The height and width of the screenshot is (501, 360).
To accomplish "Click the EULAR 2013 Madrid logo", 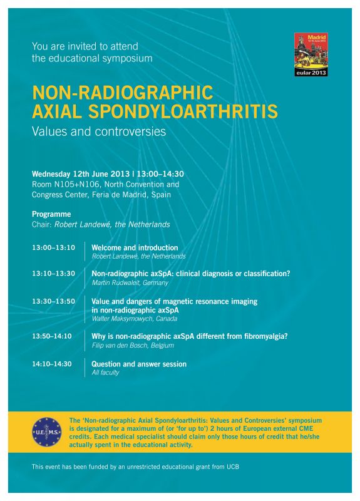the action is tap(311, 54).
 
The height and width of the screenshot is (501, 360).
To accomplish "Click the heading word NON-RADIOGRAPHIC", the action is tap(123, 93).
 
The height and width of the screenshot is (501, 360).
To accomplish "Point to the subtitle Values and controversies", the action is tap(99, 132).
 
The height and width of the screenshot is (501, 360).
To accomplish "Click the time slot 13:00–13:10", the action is tap(53, 248).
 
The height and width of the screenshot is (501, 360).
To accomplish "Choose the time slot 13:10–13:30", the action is tap(53, 274).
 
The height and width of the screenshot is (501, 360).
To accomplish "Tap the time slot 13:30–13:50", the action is tap(53, 301).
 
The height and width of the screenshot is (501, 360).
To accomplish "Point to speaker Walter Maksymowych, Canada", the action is tap(135, 319).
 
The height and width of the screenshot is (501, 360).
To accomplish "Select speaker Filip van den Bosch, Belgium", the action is tap(133, 346).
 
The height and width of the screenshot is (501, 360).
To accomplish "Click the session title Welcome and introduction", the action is tap(135, 247).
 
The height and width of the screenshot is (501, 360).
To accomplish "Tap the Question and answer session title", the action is tap(139, 364).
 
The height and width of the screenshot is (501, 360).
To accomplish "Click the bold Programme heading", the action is tap(51, 214).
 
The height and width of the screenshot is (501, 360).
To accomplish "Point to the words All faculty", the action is tap(105, 373).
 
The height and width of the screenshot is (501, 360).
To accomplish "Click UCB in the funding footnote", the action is tap(232, 467).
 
